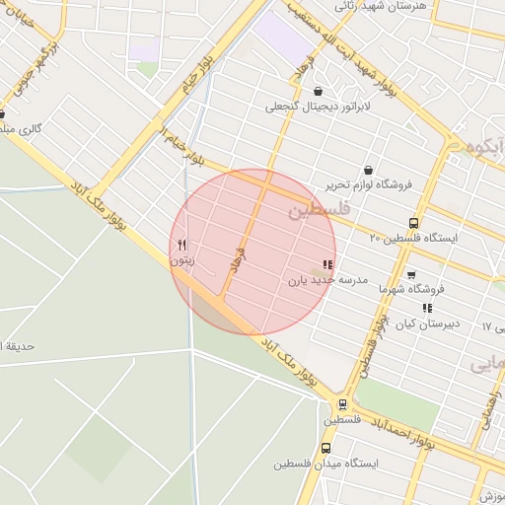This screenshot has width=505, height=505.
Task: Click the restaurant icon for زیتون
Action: coord(182,246)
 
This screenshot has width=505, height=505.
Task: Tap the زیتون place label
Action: coord(181,261)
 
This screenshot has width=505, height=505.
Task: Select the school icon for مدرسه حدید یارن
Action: coord(327,264)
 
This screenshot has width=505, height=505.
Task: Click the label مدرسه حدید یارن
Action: coord(327,280)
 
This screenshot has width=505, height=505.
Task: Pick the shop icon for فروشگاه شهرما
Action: coord(411,274)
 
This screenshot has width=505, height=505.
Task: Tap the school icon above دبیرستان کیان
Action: coord(427,309)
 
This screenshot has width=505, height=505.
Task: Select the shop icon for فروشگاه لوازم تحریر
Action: coord(369,170)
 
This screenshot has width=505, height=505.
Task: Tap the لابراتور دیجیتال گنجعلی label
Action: coord(317,106)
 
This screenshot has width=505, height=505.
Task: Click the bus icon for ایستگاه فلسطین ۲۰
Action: coord(412,223)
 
